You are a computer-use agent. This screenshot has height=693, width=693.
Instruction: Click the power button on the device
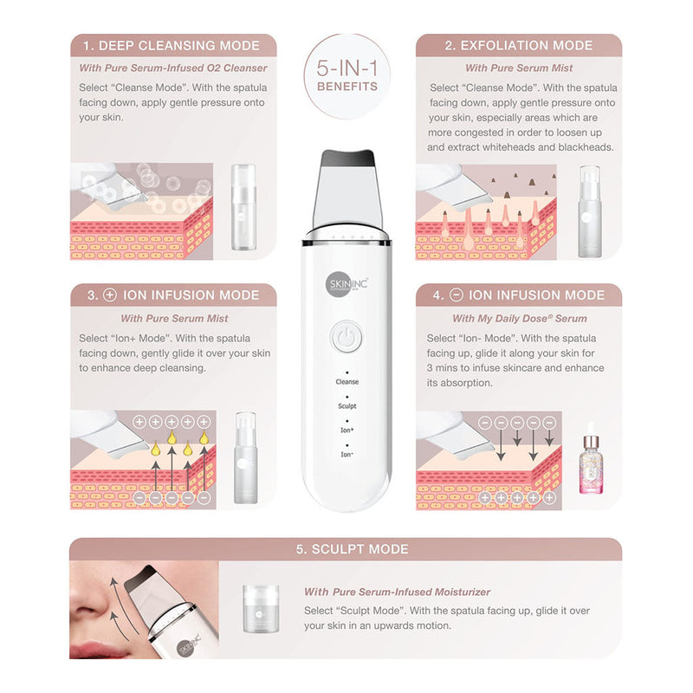pos(347,338)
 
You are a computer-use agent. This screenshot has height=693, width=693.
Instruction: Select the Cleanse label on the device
pos(347,381)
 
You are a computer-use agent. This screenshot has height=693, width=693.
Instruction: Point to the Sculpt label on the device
pos(347,405)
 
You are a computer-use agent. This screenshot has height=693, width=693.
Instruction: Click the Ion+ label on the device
pos(347,430)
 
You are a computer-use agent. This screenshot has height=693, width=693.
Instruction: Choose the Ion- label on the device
pos(347,454)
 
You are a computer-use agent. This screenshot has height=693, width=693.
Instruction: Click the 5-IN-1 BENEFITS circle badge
pos(347,76)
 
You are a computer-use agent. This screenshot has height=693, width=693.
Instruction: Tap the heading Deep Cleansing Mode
pos(172,46)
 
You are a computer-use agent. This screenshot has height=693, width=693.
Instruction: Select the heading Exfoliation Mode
pos(518,46)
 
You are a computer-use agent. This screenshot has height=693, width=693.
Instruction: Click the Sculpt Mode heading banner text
pos(353,549)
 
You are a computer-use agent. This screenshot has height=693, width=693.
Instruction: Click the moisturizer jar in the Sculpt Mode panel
pos(261,608)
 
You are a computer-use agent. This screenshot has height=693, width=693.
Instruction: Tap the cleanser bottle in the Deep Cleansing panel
pos(243,207)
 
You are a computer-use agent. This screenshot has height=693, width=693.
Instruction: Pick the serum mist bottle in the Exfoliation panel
pos(590,211)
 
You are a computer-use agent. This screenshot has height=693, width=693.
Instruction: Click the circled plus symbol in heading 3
pos(110,295)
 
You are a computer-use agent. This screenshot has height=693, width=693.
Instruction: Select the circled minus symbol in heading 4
pos(457,295)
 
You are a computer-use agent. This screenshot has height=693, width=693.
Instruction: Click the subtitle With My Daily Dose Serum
pos(519,318)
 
